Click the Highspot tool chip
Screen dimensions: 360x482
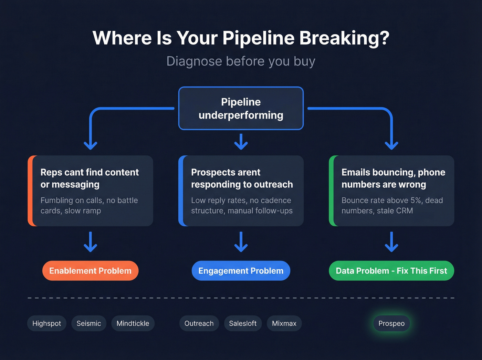pyautogui.click(x=46, y=323)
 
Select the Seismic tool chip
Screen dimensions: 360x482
pyautogui.click(x=89, y=323)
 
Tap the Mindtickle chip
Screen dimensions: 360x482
pyautogui.click(x=133, y=323)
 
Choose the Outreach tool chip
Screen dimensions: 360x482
pyautogui.click(x=199, y=323)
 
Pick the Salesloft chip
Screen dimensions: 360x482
pyautogui.click(x=243, y=323)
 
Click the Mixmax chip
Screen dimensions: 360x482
pyautogui.click(x=284, y=323)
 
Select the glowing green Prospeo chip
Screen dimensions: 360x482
pyautogui.click(x=391, y=323)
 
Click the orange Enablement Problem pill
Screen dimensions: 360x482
pyautogui.click(x=90, y=271)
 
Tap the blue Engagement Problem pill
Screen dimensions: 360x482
pyautogui.click(x=241, y=271)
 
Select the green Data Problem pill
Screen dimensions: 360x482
pyautogui.click(x=391, y=271)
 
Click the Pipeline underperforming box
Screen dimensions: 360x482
pyautogui.click(x=241, y=108)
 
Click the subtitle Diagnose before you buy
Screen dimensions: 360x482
pyautogui.click(x=241, y=61)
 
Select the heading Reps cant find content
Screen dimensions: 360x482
pyautogui.click(x=90, y=178)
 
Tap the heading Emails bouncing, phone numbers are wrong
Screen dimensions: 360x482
pyautogui.click(x=393, y=178)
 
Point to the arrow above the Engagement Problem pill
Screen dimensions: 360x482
pyautogui.click(x=241, y=242)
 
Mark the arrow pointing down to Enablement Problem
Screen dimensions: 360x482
pyautogui.click(x=91, y=242)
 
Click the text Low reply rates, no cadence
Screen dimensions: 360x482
pyautogui.click(x=241, y=200)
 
